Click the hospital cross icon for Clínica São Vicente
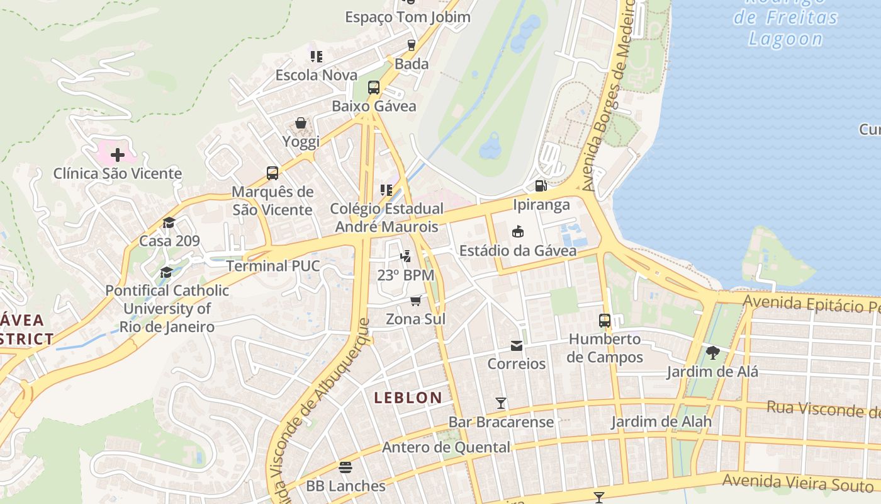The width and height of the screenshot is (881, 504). (x=118, y=155)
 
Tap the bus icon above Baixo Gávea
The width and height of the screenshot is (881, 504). (x=374, y=88)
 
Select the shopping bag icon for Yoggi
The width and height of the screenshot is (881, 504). (x=301, y=123)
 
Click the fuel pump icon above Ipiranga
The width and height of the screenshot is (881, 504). (x=541, y=186)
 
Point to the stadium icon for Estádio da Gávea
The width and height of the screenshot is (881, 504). (x=518, y=232)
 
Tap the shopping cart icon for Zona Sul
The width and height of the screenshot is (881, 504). (x=415, y=301)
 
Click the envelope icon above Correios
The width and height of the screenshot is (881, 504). (x=517, y=346)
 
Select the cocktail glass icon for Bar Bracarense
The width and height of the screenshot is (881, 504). (x=501, y=403)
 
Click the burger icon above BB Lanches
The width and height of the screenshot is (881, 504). (x=345, y=467)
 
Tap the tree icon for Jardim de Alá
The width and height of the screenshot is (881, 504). (x=712, y=353)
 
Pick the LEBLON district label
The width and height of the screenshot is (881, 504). (x=408, y=398)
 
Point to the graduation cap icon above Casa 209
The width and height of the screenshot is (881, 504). (x=169, y=222)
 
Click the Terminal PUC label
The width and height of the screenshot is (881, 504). (x=273, y=266)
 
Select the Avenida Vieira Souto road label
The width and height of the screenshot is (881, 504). (x=798, y=484)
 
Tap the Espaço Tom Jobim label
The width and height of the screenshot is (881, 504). (x=407, y=17)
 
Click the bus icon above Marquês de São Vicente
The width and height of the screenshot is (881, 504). (x=272, y=173)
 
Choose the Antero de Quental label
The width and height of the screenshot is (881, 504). (x=446, y=447)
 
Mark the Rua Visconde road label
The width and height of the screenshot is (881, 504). (x=822, y=409)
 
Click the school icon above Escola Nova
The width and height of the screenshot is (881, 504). (x=317, y=57)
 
